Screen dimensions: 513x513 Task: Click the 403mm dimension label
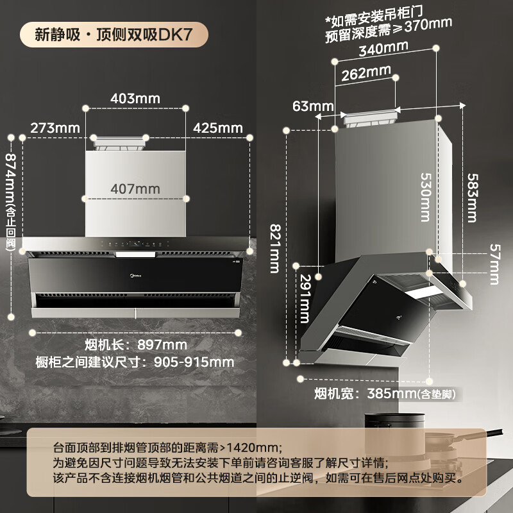pyautogui.click(x=135, y=99)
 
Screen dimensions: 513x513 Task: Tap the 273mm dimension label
pyautogui.click(x=55, y=128)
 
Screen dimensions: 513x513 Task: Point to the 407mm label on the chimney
pyautogui.click(x=135, y=189)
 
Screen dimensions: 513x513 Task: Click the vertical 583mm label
pyautogui.click(x=473, y=198)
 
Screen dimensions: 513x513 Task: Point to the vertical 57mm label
pyautogui.click(x=494, y=264)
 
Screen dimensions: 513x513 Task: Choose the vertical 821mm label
pyautogui.click(x=274, y=248)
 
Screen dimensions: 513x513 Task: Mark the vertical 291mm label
pyautogui.click(x=304, y=299)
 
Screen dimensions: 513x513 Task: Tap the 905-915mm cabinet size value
pyautogui.click(x=194, y=362)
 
